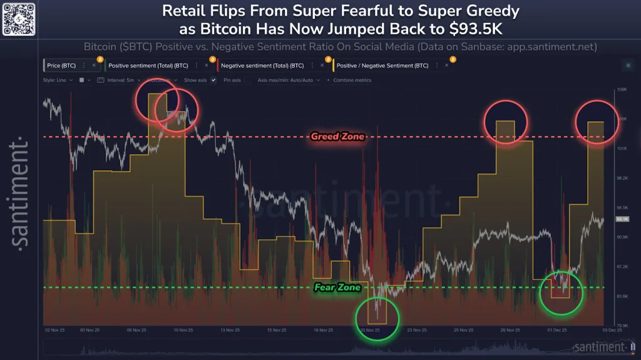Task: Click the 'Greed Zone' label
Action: [337, 136]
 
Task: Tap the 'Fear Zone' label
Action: [337, 287]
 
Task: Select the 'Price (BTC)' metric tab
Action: [61, 65]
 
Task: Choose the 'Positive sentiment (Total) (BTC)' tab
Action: [148, 65]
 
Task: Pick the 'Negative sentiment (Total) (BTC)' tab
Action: [263, 65]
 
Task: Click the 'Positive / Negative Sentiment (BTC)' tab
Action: [382, 65]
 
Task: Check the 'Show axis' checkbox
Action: [213, 80]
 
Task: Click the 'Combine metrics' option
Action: [352, 80]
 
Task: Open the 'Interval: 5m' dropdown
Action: [125, 80]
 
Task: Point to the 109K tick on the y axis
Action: [622, 90]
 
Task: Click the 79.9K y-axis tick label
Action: [622, 325]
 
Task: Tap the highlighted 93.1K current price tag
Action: [622, 219]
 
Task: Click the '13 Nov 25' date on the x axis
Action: [230, 329]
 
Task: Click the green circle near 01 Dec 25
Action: [561, 292]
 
